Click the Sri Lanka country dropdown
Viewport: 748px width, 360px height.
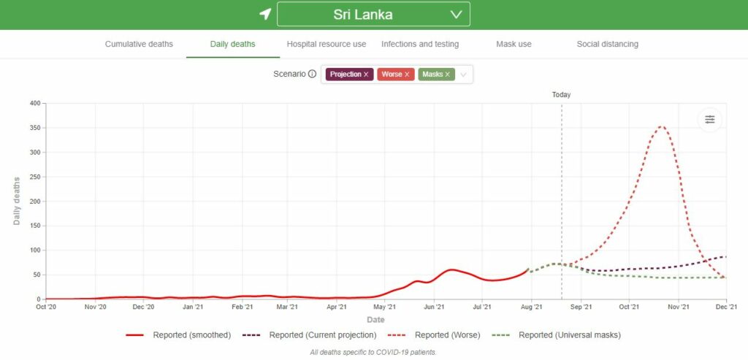pos(373,15)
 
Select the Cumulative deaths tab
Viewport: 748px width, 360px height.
pos(139,44)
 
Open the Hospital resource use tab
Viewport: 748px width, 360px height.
pos(327,44)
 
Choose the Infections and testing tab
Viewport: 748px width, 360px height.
pos(420,44)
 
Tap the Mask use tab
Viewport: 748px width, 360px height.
pos(514,44)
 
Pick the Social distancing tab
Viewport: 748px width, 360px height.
pos(607,44)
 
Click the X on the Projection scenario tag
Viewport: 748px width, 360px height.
pos(366,74)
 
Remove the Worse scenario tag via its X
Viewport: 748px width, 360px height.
pos(407,74)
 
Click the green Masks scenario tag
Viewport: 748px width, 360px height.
pos(432,74)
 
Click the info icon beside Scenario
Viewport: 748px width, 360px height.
pos(312,74)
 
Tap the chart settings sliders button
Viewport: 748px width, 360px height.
pos(709,120)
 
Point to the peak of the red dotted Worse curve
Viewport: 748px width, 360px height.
pos(661,127)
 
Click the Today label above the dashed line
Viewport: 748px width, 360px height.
pos(561,95)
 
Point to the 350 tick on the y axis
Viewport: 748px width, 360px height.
pos(34,128)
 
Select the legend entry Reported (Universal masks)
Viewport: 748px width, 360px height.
pos(570,335)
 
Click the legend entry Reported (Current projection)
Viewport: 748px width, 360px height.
pos(323,335)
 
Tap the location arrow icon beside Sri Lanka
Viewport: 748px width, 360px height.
pos(265,15)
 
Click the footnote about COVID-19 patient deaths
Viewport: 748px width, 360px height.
pos(373,353)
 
